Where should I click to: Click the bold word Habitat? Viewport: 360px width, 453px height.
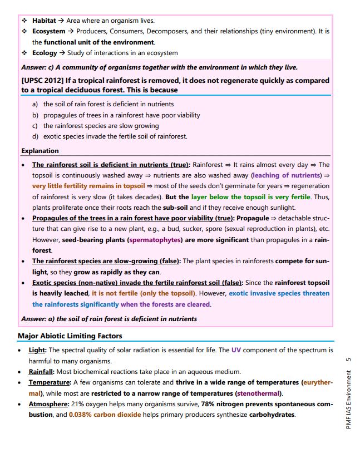[x=45, y=21]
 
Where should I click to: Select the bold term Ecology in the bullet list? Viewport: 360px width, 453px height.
[x=45, y=53]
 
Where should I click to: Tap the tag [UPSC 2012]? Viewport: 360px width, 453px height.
[x=42, y=81]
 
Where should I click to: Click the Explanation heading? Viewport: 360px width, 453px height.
[x=40, y=151]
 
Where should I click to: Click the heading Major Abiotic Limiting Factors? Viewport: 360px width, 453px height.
[x=70, y=336]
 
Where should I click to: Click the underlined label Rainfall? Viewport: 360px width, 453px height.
[x=42, y=372]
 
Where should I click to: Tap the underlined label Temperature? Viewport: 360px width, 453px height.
[x=50, y=382]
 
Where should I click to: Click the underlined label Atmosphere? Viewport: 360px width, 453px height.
[x=49, y=404]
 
